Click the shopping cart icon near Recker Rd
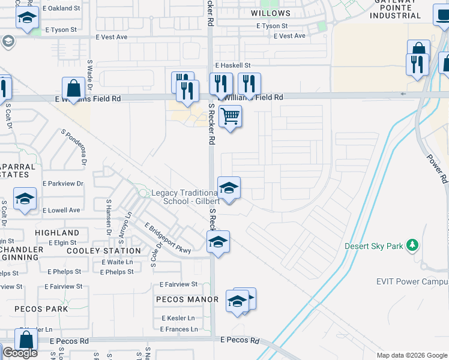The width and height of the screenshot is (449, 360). pyautogui.click(x=230, y=116)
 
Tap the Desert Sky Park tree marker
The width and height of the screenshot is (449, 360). pyautogui.click(x=412, y=245)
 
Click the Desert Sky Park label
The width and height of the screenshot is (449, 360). pyautogui.click(x=373, y=246)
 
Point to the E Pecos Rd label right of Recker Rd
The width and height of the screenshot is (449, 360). pyautogui.click(x=240, y=340)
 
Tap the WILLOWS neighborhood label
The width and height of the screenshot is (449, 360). pyautogui.click(x=271, y=13)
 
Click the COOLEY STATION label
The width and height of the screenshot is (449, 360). pyautogui.click(x=104, y=251)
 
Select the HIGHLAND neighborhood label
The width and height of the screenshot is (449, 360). pyautogui.click(x=57, y=233)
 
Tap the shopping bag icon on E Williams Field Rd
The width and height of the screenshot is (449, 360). pyautogui.click(x=73, y=89)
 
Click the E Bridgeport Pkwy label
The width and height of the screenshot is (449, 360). pyautogui.click(x=167, y=239)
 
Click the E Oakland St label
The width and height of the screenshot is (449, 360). pyautogui.click(x=62, y=8)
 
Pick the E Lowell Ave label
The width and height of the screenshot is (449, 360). pyautogui.click(x=62, y=210)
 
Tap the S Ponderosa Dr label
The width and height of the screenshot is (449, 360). pyautogui.click(x=74, y=146)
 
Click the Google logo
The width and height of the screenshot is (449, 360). pyautogui.click(x=19, y=353)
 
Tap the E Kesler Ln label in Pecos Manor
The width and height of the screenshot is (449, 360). pyautogui.click(x=178, y=318)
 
